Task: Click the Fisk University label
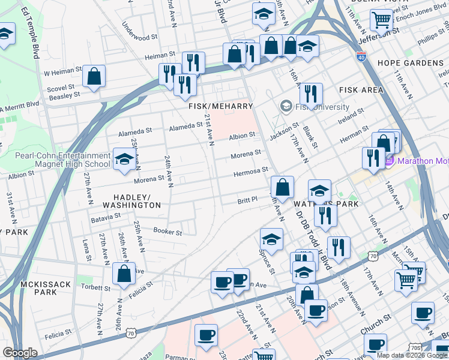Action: click(x=321, y=107)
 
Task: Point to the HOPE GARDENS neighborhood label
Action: click(x=411, y=63)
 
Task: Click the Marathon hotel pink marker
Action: click(x=389, y=161)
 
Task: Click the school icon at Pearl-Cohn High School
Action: click(x=124, y=159)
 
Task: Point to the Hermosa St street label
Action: click(x=250, y=171)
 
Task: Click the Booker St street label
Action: click(x=167, y=232)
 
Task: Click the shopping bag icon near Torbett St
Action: click(x=124, y=274)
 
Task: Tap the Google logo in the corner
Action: click(x=20, y=353)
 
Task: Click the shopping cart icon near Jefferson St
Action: click(x=381, y=20)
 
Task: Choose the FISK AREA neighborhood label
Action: click(x=361, y=90)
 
